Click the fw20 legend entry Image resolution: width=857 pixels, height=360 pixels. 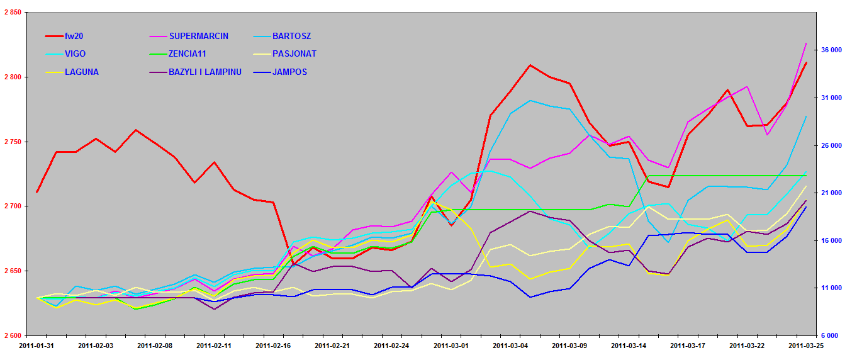tap(74, 36)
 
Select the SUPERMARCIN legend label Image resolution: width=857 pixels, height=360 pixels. tap(198, 36)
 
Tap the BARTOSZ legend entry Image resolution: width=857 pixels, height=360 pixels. tap(291, 36)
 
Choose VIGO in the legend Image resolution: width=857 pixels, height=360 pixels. tap(75, 54)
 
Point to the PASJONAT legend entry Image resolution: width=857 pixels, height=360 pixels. tap(294, 54)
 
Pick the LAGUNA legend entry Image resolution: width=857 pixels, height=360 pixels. tap(81, 72)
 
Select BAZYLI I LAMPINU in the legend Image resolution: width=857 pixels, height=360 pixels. tap(205, 72)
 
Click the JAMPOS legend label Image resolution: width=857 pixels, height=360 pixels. tap(289, 72)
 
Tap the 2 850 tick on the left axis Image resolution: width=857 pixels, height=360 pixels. tap(12, 13)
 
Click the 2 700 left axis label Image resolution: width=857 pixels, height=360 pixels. tap(12, 206)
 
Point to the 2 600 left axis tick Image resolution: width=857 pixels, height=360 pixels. tap(12, 335)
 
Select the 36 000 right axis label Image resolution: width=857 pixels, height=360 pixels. tap(832, 50)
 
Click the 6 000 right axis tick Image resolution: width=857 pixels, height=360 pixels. tap(835, 335)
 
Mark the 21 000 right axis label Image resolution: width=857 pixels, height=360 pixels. tap(832, 193)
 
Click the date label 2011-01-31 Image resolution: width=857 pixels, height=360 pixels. tap(36, 346)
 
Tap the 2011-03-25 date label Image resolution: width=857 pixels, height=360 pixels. tap(806, 346)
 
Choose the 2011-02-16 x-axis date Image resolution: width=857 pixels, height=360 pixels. tap(272, 346)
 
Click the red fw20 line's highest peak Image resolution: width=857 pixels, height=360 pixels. tap(530, 65)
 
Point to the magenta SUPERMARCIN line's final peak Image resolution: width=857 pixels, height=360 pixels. tap(806, 43)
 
